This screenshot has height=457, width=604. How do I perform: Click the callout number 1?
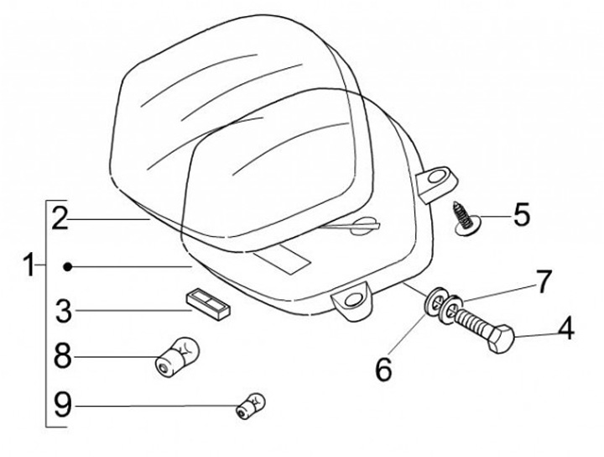point(29,265)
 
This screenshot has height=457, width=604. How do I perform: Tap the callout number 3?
point(64,311)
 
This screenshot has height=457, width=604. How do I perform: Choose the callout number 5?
point(522,214)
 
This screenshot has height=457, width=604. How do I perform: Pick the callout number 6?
point(384,369)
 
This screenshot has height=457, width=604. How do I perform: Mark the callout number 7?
point(544,281)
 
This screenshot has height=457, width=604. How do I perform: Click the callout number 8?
point(63,356)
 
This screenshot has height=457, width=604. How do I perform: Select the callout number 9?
point(63,404)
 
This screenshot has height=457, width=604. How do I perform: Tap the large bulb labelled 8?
point(177,356)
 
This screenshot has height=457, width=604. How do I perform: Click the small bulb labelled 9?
point(250,405)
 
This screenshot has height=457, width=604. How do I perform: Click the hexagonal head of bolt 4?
point(501,339)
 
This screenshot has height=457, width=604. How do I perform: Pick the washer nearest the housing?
point(434,299)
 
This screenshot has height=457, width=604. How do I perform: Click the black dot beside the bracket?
point(68,266)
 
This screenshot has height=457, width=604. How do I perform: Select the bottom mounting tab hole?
point(352,301)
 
